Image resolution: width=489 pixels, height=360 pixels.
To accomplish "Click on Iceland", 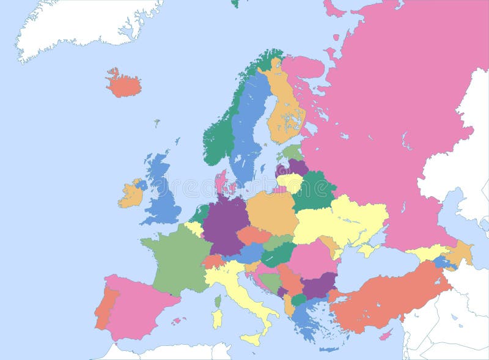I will (124, 84).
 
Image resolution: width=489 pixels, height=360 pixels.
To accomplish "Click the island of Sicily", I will (251, 338).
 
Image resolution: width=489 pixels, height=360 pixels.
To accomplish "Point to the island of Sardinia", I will (217, 318).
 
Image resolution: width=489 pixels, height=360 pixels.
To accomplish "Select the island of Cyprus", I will (386, 334).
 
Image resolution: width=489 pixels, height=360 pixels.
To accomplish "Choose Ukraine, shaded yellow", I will (342, 220).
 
